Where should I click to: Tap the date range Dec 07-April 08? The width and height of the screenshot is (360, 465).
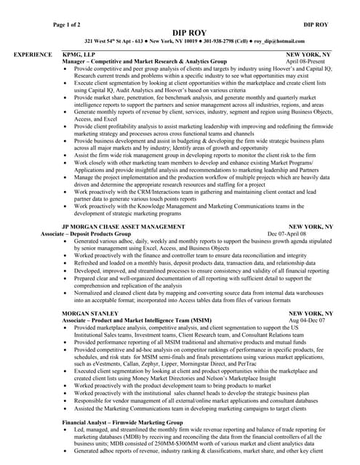pyautogui.click(x=308, y=233)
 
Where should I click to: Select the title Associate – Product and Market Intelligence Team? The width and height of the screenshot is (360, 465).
pyautogui.click(x=137, y=319)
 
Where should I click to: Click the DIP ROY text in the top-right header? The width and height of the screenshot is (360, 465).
pyautogui.click(x=315, y=25)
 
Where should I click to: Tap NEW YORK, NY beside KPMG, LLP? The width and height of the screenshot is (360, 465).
pyautogui.click(x=309, y=54)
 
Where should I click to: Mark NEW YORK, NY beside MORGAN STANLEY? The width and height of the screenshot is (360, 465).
pyautogui.click(x=309, y=312)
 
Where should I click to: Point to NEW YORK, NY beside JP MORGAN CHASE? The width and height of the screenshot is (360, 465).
pyautogui.click(x=309, y=227)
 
